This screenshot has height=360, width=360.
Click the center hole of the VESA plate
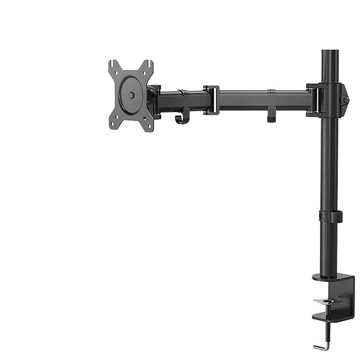[131, 95]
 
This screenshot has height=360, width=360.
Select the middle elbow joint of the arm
[211, 100]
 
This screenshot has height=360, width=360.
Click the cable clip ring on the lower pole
[330, 217]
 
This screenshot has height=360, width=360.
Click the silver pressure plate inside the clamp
[328, 302]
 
